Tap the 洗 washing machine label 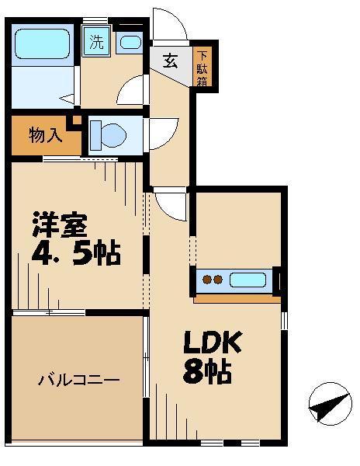pyautogui.click(x=95, y=43)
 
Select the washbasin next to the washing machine pyautogui.click(x=130, y=43)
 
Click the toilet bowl pyautogui.click(x=109, y=135)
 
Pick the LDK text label pyautogui.click(x=213, y=342)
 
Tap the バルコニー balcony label pyautogui.click(x=78, y=381)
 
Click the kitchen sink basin pyautogui.click(x=247, y=280)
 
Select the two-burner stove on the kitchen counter pyautogui.click(x=212, y=280)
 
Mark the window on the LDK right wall pyautogui.click(x=284, y=319)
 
